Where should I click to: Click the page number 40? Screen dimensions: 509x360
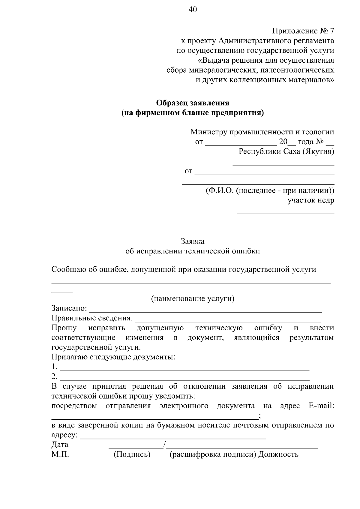point(193,10)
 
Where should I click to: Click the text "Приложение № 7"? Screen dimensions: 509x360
point(303,31)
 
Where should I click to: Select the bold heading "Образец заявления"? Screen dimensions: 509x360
point(193,103)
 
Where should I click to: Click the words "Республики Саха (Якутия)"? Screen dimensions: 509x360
point(286,151)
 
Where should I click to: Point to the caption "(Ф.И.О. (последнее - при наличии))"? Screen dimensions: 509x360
point(270,190)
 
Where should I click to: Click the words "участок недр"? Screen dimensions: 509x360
point(310,200)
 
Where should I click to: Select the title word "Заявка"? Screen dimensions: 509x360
point(193,241)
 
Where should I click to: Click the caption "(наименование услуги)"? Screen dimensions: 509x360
point(193,298)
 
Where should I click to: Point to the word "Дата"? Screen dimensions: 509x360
point(60,445)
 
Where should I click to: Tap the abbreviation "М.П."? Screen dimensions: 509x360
point(60,454)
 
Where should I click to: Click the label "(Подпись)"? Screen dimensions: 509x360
point(132,454)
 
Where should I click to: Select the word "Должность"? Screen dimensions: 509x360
point(278,454)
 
